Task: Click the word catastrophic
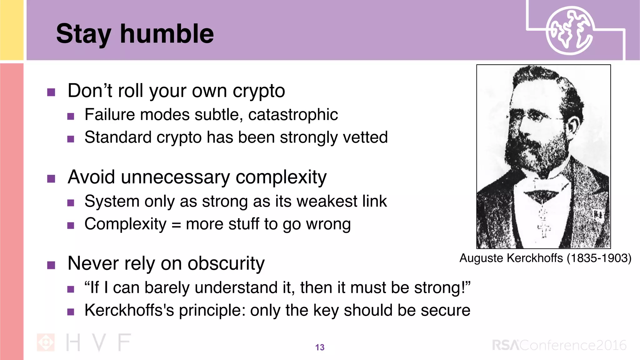[x=293, y=115]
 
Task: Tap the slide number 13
[x=320, y=347]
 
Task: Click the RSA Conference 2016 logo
[x=559, y=345]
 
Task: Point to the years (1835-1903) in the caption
[x=599, y=258]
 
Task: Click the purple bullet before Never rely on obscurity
[x=51, y=265]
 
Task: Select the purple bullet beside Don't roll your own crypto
[x=51, y=92]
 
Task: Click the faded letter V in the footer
[x=99, y=342]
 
